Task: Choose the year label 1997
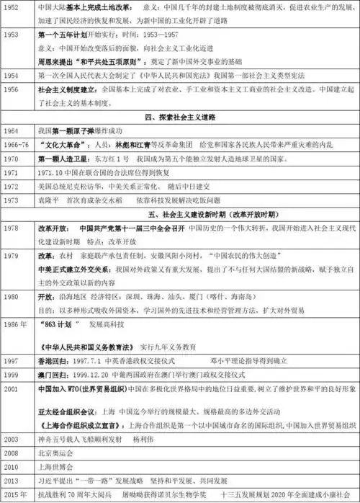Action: (12, 360)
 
